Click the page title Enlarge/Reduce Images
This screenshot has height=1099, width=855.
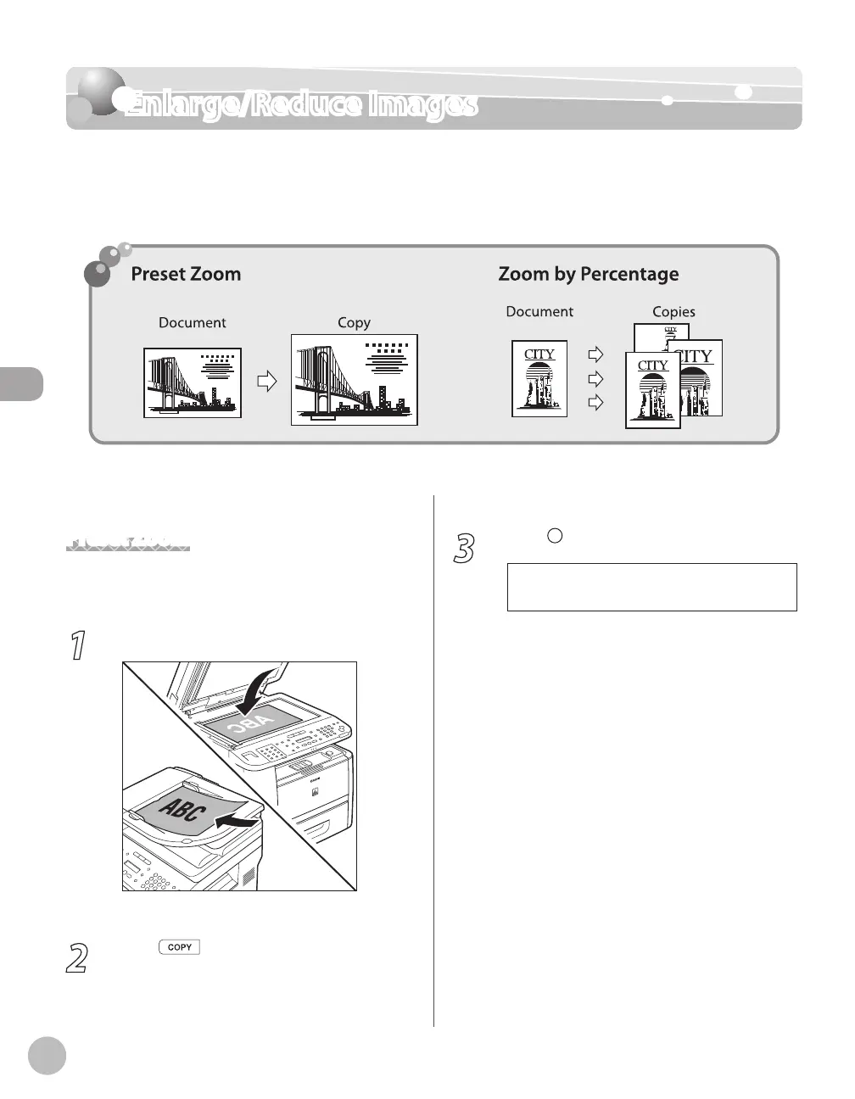(x=301, y=105)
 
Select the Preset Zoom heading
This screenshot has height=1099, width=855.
(x=186, y=274)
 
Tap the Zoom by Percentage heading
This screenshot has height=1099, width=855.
(x=588, y=274)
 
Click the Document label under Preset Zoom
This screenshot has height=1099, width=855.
(x=193, y=323)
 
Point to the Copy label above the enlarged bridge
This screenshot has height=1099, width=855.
(x=354, y=323)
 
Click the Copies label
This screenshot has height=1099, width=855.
(x=673, y=312)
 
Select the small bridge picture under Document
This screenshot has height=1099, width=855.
(x=193, y=382)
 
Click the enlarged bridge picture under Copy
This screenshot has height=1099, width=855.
(x=355, y=379)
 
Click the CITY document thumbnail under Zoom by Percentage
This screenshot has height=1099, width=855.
(x=539, y=378)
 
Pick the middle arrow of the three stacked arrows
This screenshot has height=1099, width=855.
(x=596, y=378)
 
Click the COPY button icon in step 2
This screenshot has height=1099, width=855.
(x=179, y=947)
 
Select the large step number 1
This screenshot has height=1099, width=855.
(x=77, y=646)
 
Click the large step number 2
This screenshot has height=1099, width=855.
(x=77, y=957)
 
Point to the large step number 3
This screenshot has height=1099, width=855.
(x=463, y=549)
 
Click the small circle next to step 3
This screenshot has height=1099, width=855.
(x=555, y=535)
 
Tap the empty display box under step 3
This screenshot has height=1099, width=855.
(x=651, y=587)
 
